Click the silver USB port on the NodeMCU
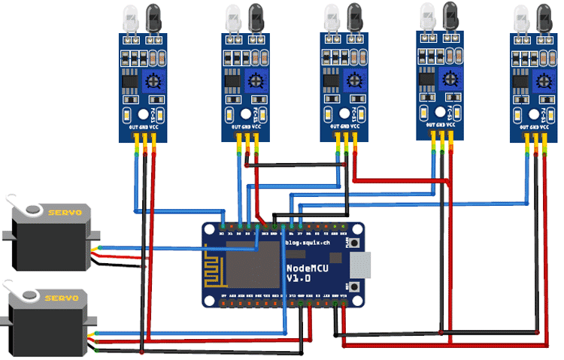pyautogui.click(x=365, y=264)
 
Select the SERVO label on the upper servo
pyautogui.click(x=64, y=213)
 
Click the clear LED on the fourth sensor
pyautogui.click(x=429, y=15)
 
